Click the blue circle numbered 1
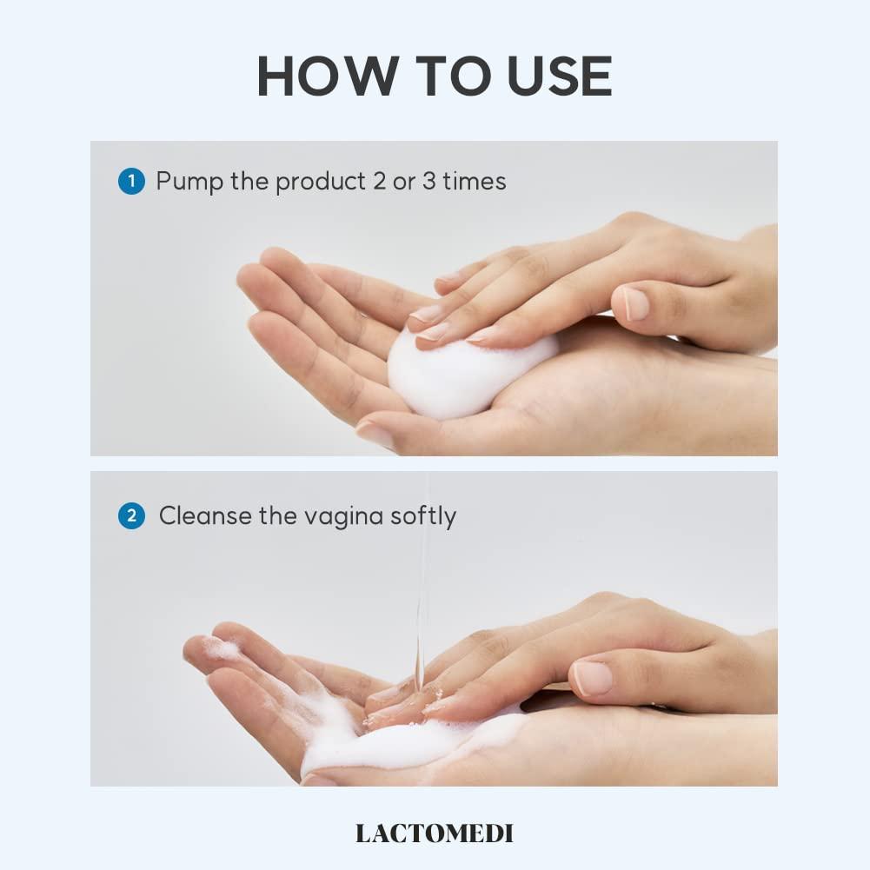[131, 182]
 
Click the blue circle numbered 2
[131, 516]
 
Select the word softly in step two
[422, 516]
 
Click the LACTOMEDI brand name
[435, 833]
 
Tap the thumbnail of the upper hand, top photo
[635, 302]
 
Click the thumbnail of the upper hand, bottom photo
[594, 677]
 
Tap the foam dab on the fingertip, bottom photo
[220, 647]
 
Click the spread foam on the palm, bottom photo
[391, 743]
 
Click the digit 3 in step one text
[424, 182]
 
